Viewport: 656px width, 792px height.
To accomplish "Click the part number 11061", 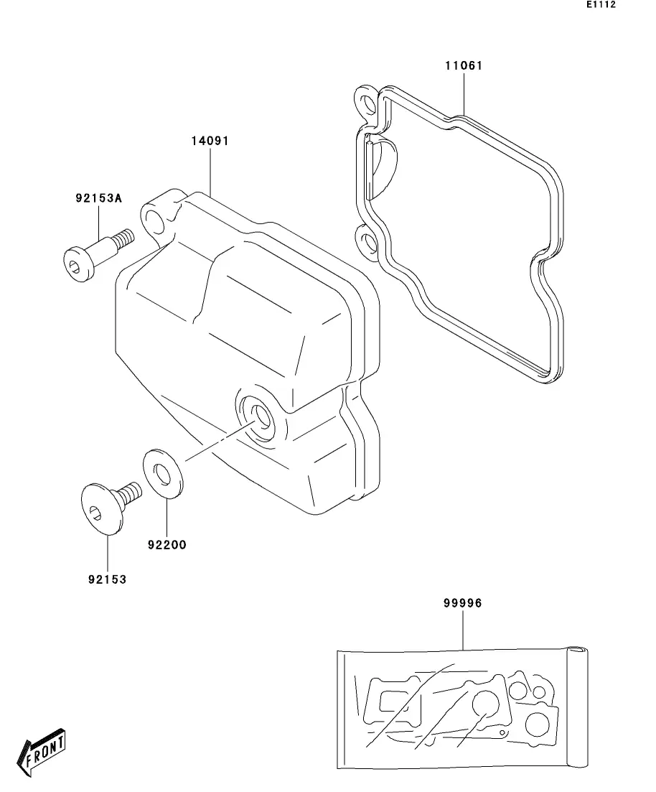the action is point(464,65).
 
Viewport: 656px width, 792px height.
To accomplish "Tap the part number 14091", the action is point(210,141).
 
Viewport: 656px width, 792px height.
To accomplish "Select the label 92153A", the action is point(99,198).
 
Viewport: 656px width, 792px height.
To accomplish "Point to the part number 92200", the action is point(167,545).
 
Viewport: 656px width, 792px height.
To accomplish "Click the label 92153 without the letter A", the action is point(108,579).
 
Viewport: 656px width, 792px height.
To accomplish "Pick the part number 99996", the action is point(463,603).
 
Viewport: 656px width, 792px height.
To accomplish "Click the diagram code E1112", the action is point(601,4).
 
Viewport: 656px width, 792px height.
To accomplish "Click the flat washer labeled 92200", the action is point(163,473).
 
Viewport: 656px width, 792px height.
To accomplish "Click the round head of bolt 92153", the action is point(101,509).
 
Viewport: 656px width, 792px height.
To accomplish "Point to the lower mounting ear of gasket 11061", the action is point(367,241).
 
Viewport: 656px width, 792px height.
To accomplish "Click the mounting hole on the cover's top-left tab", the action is point(154,221).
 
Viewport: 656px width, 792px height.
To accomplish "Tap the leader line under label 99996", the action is point(463,629).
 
